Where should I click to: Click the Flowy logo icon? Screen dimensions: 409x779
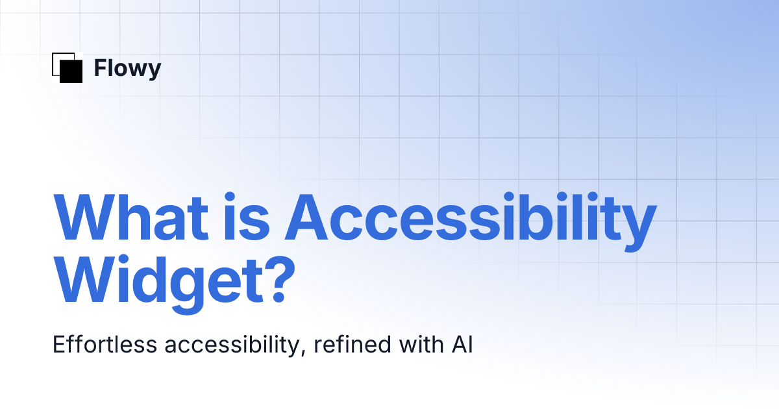67,68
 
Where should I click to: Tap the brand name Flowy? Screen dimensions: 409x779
127,68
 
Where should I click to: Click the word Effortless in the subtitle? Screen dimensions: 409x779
104,345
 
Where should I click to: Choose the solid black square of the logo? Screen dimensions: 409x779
71,71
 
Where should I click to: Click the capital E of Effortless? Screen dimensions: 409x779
58,345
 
